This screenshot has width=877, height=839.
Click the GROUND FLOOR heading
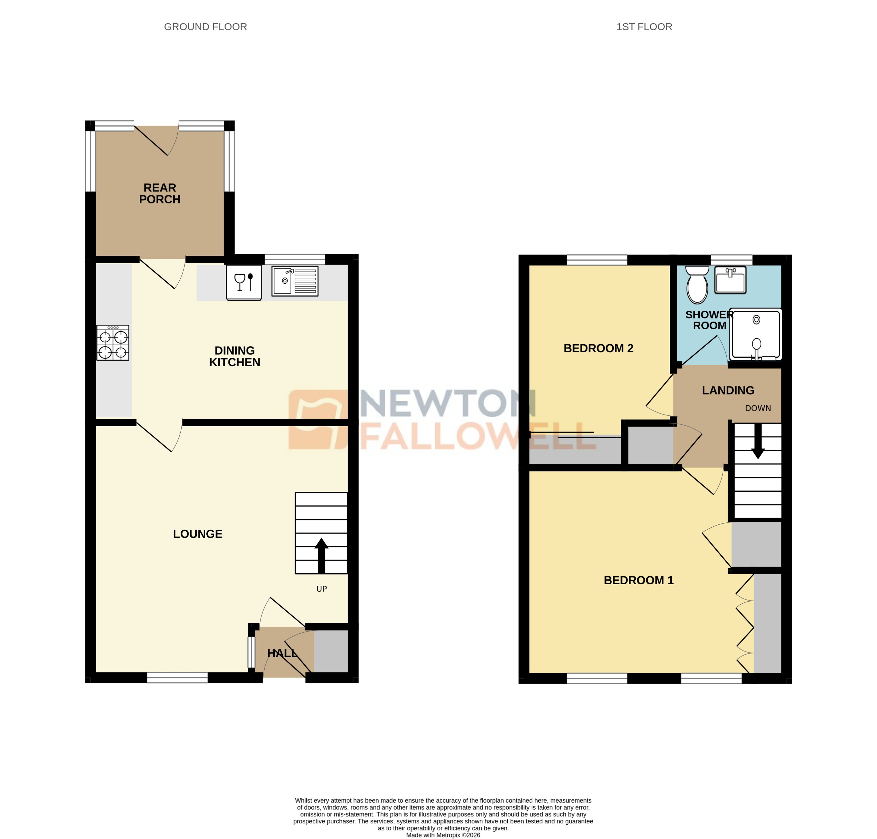click(205, 27)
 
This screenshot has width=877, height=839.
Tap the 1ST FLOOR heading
click(644, 27)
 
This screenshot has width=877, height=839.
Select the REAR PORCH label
click(160, 193)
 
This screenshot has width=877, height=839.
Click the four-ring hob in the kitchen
click(113, 343)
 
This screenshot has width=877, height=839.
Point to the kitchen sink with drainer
click(294, 281)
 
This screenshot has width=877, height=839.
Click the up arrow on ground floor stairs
click(321, 555)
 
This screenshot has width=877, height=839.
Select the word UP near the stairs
click(321, 589)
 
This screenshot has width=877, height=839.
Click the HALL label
click(281, 653)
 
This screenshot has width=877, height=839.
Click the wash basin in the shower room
click(730, 280)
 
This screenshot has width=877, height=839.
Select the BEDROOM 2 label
click(598, 348)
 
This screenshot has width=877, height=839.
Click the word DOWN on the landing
click(758, 408)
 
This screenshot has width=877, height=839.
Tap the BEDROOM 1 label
click(638, 580)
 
